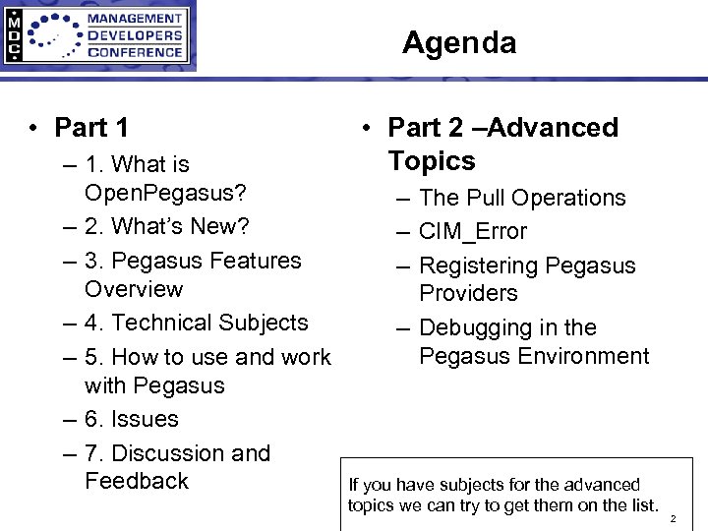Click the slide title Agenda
click(458, 43)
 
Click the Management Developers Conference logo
click(98, 36)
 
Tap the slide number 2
click(674, 517)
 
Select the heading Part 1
click(91, 128)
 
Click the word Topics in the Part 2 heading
click(431, 161)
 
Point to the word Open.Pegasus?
click(165, 192)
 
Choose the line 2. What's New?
click(167, 226)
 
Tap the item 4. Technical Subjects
click(196, 323)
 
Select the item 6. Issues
click(131, 419)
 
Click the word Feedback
click(137, 481)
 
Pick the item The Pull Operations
click(522, 198)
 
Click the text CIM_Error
click(473, 232)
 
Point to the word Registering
click(478, 265)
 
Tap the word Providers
click(468, 293)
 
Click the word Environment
click(592, 355)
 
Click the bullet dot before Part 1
click(33, 129)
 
